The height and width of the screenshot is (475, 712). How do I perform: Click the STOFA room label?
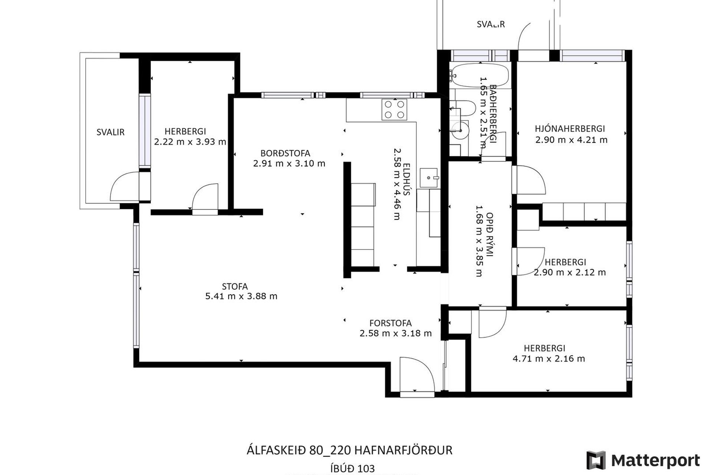[x=235, y=286]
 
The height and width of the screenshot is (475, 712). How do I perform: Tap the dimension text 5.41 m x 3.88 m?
[x=241, y=296]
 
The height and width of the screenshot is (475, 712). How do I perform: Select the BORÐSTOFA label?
[x=285, y=153]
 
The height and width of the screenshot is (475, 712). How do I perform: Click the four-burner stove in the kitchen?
[x=394, y=109]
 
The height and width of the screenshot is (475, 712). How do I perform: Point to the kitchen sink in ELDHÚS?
[x=429, y=178]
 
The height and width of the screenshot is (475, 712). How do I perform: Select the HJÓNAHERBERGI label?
[x=570, y=129]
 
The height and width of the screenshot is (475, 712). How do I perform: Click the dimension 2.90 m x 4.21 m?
[x=571, y=140]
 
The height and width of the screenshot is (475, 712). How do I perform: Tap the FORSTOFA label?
[x=390, y=323]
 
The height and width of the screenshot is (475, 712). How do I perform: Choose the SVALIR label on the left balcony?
[x=110, y=132]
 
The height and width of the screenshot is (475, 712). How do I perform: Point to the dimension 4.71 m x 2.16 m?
[x=548, y=359]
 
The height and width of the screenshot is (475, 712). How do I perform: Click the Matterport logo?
[x=643, y=460]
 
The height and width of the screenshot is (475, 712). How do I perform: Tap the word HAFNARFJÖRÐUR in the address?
[x=403, y=450]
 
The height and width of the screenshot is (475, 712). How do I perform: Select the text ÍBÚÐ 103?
[x=352, y=469]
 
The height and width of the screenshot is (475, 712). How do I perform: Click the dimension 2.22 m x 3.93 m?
[x=190, y=142]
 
